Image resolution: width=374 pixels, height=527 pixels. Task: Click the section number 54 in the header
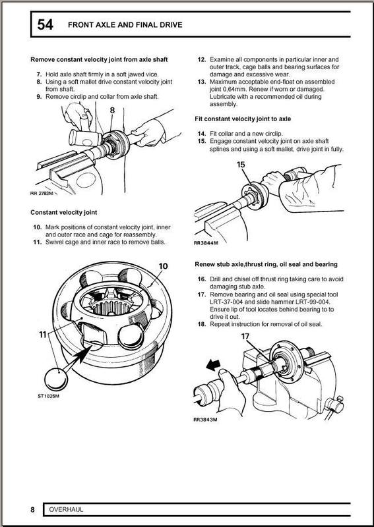(45, 24)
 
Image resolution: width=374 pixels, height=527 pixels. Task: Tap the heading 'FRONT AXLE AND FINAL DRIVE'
(125, 25)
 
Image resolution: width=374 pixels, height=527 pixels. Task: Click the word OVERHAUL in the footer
(66, 509)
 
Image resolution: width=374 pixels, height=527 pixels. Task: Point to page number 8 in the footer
(33, 509)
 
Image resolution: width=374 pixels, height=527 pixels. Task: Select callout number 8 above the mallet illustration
(112, 110)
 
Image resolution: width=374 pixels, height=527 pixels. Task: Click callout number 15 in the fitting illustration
(241, 165)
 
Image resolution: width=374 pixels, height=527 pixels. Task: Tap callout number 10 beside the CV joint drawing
(163, 266)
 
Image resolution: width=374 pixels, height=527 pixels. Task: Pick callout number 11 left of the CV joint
(42, 335)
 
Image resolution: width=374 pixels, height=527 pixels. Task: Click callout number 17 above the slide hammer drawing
(245, 337)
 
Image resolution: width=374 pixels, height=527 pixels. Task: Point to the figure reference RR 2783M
(42, 193)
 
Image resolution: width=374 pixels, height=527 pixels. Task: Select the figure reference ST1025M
(48, 396)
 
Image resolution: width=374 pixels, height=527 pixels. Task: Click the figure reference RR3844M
(206, 243)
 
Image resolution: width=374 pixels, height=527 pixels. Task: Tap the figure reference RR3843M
(205, 420)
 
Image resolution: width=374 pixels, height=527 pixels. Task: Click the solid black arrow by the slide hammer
(213, 364)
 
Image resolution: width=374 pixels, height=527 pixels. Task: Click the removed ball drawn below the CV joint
(56, 379)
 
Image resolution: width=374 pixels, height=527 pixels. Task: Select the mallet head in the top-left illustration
(84, 138)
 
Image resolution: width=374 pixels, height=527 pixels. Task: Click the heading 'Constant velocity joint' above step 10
(63, 212)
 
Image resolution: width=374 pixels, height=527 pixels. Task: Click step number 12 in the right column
(201, 59)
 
